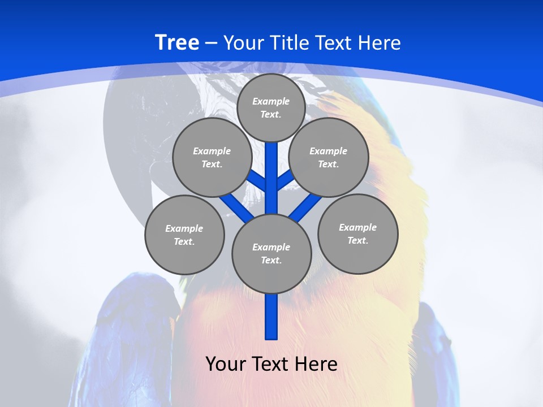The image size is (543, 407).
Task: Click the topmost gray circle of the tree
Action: (271, 107)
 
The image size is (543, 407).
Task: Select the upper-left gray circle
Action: (212, 157)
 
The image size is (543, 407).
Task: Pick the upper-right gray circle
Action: (329, 157)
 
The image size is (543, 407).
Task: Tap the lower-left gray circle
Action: (184, 235)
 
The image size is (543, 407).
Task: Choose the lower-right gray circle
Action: (358, 233)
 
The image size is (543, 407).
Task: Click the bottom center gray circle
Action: (271, 253)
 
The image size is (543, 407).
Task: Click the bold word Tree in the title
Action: (177, 42)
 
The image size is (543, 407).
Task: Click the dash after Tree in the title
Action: (211, 43)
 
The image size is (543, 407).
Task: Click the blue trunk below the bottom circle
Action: (271, 317)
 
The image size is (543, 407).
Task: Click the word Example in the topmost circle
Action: (271, 101)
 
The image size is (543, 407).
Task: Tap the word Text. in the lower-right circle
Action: (358, 240)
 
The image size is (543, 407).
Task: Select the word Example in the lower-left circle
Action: (184, 228)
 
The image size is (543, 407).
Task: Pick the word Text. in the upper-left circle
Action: (212, 164)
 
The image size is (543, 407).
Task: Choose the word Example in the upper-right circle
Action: (329, 151)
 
